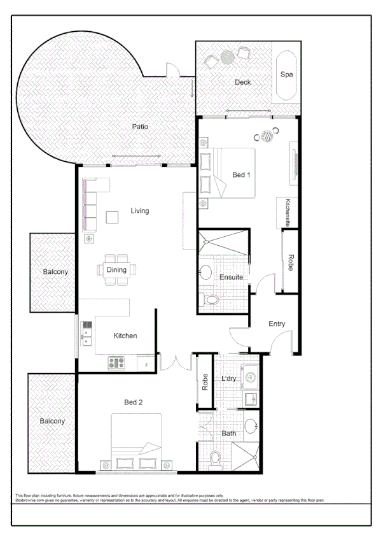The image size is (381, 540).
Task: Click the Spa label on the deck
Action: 287,74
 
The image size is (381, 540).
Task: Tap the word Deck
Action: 242,82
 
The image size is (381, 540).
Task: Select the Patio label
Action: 140,127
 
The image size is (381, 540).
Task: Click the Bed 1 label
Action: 240,174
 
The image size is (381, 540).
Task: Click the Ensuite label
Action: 230,277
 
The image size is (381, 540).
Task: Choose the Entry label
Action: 277,324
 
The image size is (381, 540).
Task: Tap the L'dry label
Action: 229,379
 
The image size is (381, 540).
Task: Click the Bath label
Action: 229,434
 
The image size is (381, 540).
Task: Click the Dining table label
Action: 116,269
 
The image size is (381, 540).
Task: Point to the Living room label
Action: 140,211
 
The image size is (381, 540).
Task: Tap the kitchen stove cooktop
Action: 116,363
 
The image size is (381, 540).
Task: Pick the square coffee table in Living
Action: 112,217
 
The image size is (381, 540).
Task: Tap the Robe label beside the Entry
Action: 291,264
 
